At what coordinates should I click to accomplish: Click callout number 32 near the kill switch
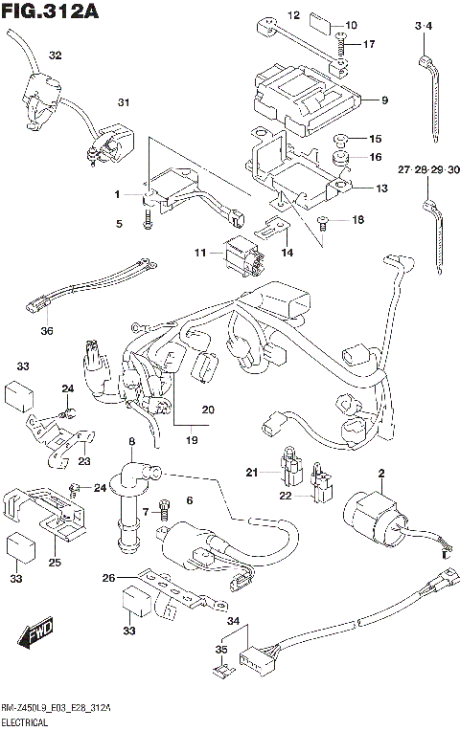[56, 55]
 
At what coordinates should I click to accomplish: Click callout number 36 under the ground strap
[48, 331]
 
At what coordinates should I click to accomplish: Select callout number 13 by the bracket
[381, 188]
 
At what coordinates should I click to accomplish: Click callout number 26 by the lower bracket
[109, 577]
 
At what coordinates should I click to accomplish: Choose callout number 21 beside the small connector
[252, 472]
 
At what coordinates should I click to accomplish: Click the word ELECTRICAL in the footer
[33, 722]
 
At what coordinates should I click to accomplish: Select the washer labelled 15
[340, 139]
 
